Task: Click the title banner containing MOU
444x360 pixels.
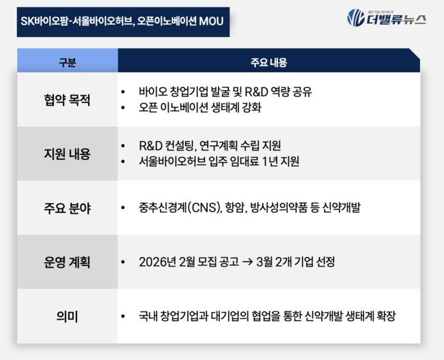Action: tap(120, 22)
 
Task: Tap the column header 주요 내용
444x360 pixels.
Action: tap(268, 62)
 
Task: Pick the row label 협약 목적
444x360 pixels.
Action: tap(67, 100)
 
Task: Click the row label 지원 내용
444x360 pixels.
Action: tap(67, 154)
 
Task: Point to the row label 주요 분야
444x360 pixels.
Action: tap(67, 208)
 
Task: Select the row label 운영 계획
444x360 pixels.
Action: tap(67, 262)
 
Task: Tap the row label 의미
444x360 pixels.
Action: tap(67, 316)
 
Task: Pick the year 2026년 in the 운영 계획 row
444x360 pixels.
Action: tap(156, 262)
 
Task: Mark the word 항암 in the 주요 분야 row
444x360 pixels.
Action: tap(242, 208)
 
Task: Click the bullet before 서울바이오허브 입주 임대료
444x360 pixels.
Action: tap(122, 163)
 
